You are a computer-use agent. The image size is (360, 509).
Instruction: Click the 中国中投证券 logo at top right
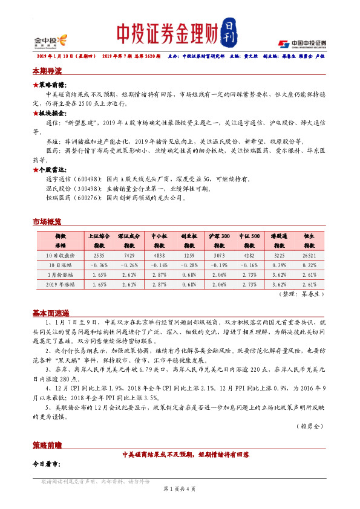coord(302,43)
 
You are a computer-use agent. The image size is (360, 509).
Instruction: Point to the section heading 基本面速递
coord(50,314)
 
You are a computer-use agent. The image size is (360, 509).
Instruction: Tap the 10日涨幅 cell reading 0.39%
coord(279,266)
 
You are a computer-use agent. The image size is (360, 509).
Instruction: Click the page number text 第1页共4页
coord(180,488)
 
